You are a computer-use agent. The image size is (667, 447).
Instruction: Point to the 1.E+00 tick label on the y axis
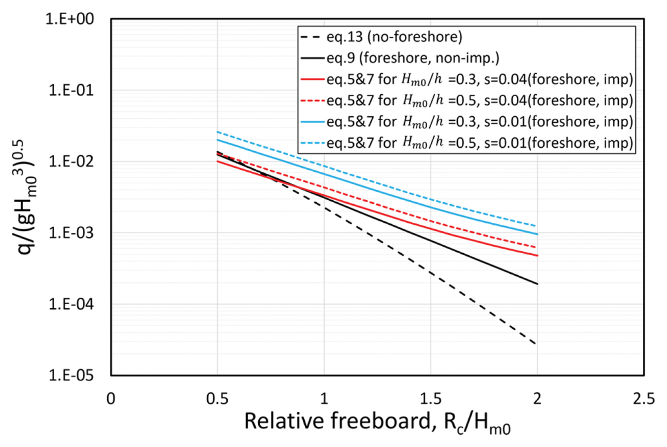pos(70,19)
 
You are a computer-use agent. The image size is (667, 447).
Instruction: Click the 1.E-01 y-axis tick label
pos(71,90)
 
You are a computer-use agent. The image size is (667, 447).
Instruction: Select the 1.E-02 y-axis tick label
pos(71,162)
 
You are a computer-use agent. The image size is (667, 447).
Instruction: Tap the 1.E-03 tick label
pos(71,233)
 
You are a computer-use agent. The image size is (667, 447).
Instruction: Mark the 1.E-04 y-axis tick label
pos(71,304)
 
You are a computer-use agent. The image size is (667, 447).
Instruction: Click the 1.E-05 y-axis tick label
pos(71,375)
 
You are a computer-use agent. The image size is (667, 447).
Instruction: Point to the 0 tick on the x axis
pos(111,398)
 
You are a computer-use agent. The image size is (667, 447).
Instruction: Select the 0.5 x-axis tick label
pos(217,398)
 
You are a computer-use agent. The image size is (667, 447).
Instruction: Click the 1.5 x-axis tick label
pos(431,398)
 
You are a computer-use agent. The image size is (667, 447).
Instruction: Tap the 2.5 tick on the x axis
pos(644,398)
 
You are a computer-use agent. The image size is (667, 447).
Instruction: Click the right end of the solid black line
pos(537,284)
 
